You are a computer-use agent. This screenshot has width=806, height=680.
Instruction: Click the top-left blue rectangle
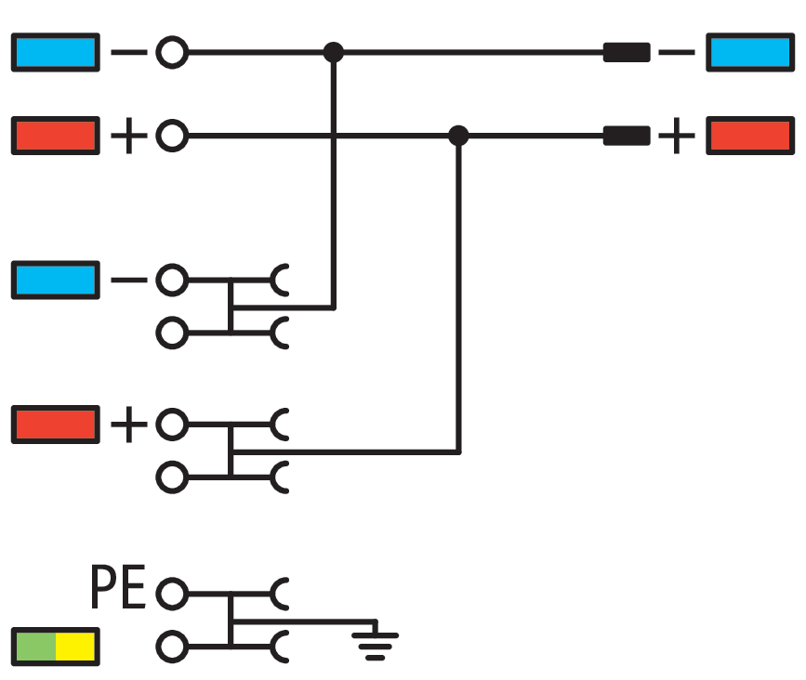tap(56, 52)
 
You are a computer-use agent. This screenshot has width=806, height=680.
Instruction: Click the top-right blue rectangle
tap(750, 52)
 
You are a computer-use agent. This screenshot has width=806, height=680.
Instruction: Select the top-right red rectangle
tap(750, 136)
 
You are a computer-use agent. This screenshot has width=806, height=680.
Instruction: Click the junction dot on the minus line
tap(333, 52)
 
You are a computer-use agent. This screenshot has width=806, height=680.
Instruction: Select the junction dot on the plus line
tap(457, 136)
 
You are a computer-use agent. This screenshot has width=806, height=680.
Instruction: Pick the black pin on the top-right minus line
tap(627, 52)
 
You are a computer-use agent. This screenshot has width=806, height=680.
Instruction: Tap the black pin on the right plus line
tap(627, 136)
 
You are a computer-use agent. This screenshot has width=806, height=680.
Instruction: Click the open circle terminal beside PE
tap(171, 591)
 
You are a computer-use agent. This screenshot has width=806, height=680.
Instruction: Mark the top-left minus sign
tap(128, 52)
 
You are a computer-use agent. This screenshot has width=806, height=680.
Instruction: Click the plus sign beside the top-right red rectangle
tap(677, 137)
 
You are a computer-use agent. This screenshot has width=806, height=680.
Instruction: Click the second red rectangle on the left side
tap(56, 424)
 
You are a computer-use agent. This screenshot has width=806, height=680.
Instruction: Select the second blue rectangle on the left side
tap(56, 279)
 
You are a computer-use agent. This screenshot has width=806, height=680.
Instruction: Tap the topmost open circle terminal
tap(171, 52)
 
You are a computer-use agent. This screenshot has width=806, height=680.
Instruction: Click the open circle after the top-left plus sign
tap(171, 137)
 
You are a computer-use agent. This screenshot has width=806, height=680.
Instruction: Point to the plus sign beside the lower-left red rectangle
tap(128, 425)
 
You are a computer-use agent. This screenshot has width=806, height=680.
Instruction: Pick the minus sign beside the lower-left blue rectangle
tap(128, 279)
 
